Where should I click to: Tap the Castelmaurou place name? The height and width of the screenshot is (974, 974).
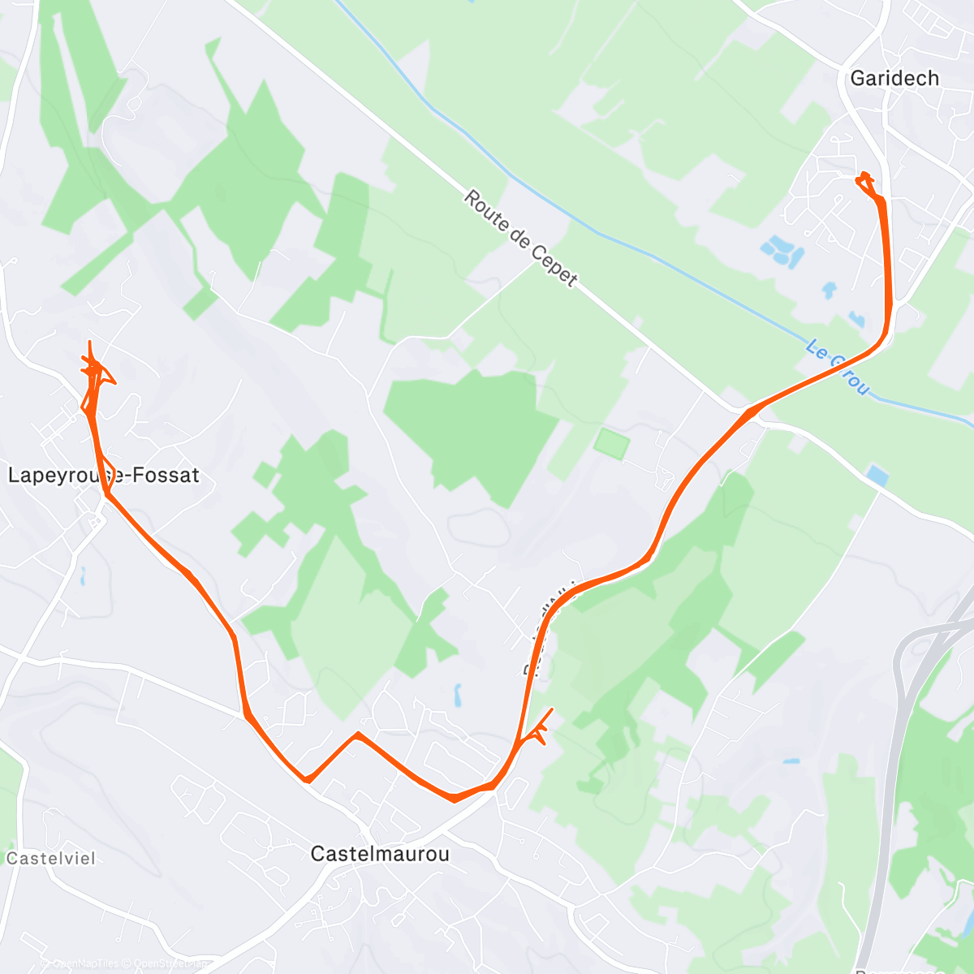click(380, 854)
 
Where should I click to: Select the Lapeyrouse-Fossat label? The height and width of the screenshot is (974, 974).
click(103, 475)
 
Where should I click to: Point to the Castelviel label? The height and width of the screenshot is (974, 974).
click(50, 858)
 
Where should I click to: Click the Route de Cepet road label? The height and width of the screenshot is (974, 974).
click(520, 239)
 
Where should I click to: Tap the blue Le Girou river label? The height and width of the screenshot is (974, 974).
click(838, 368)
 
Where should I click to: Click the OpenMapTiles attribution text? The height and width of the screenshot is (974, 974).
click(85, 963)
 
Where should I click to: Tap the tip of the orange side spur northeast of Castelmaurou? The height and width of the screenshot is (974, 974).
click(552, 709)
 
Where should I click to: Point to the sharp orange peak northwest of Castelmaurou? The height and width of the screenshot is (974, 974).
click(357, 735)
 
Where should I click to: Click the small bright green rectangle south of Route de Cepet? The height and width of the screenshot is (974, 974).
click(611, 444)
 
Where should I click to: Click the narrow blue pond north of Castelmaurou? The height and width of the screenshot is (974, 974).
click(458, 695)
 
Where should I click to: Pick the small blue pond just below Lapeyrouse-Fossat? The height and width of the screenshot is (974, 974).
click(83, 576)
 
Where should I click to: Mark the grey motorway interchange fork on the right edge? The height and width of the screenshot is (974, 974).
click(933, 633)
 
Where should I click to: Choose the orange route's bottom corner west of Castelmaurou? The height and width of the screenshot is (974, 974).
click(307, 780)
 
